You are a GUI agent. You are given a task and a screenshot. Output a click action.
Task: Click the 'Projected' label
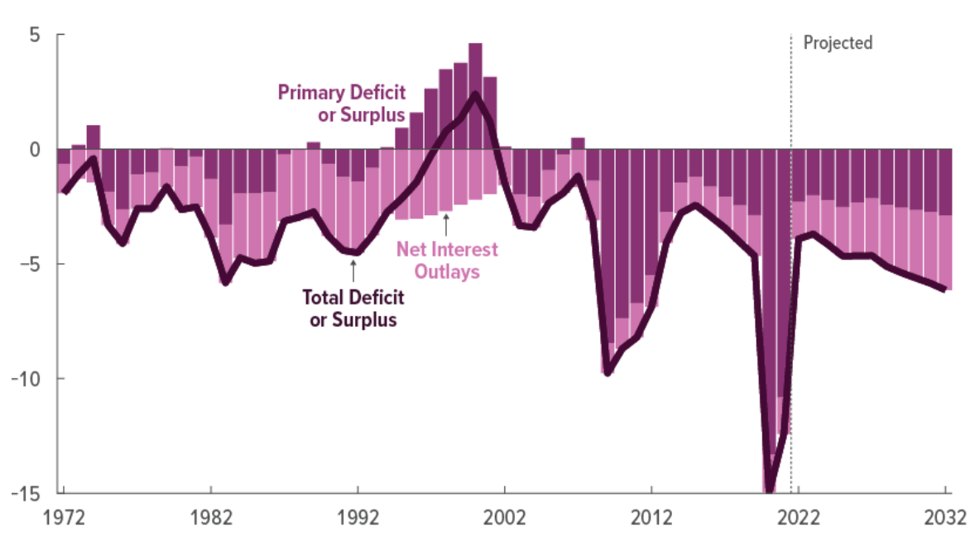pos(838,43)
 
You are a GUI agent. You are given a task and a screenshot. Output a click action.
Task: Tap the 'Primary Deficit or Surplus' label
pos(341,103)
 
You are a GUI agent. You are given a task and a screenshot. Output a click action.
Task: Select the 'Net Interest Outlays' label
pos(448,260)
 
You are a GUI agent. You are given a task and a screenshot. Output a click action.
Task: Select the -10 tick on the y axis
pos(27,379)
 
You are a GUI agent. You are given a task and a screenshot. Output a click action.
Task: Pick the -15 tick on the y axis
pos(27,493)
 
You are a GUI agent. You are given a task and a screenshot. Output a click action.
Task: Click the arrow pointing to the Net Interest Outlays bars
pos(446,223)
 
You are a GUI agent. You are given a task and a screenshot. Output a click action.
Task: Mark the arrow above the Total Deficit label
pos(353,270)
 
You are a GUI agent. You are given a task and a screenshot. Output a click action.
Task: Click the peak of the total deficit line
pos(475,94)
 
